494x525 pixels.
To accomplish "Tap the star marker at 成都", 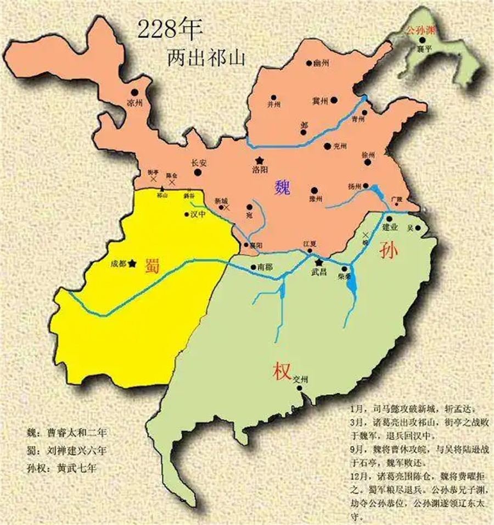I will (132, 263).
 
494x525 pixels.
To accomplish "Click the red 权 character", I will (281, 372).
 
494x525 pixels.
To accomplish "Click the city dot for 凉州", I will (134, 92).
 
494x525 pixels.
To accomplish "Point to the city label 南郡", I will (265, 267).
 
